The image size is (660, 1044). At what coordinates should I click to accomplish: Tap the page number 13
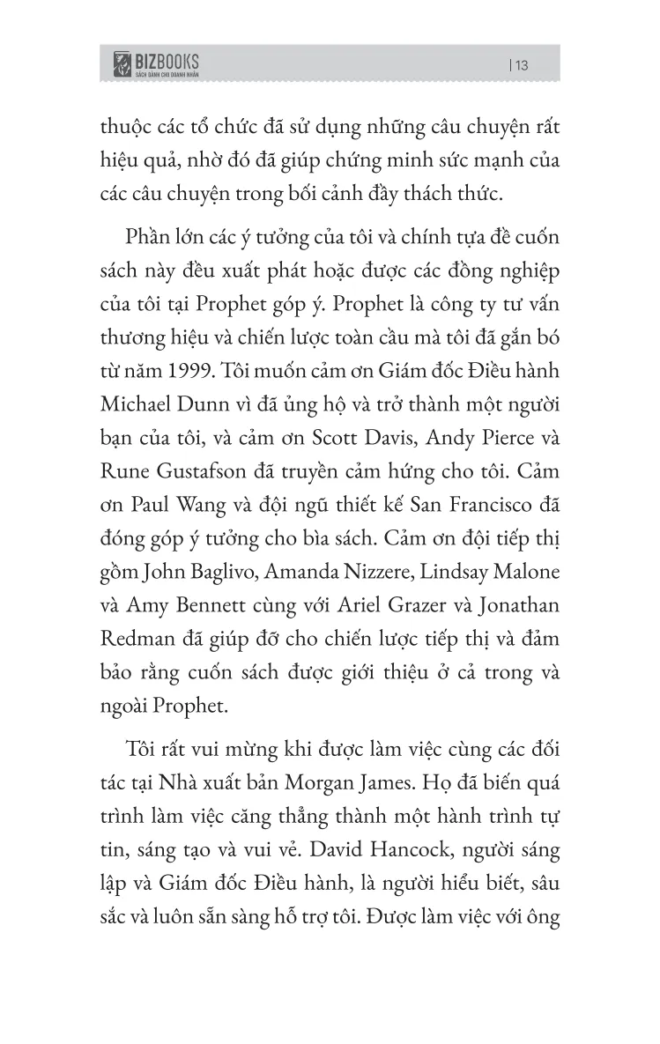pos(518,64)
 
